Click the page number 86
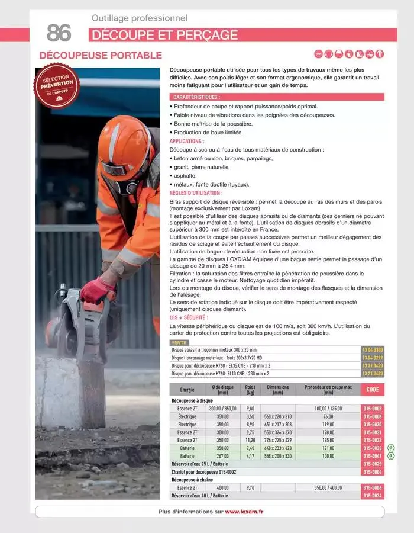(x=59, y=33)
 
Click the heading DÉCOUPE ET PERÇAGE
(x=164, y=35)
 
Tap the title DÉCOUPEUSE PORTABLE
(x=101, y=56)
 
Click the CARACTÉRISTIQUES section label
(x=196, y=97)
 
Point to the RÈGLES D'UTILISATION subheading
(x=196, y=193)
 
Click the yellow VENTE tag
(x=178, y=343)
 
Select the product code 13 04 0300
(x=373, y=350)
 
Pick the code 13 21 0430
(x=373, y=374)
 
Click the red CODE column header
(x=373, y=389)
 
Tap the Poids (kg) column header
(x=250, y=389)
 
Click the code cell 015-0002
(x=373, y=409)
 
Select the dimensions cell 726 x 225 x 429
(x=277, y=440)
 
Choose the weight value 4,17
(x=250, y=456)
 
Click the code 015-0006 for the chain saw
(x=373, y=487)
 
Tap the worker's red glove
(x=96, y=290)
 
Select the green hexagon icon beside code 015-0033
(x=390, y=448)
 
